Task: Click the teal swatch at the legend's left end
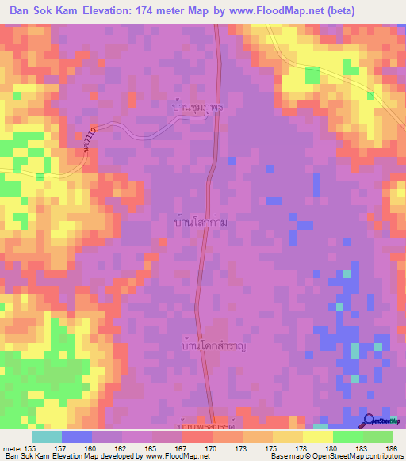(x=46, y=436)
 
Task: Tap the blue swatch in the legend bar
(x=76, y=436)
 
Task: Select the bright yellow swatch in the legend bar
(x=317, y=436)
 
